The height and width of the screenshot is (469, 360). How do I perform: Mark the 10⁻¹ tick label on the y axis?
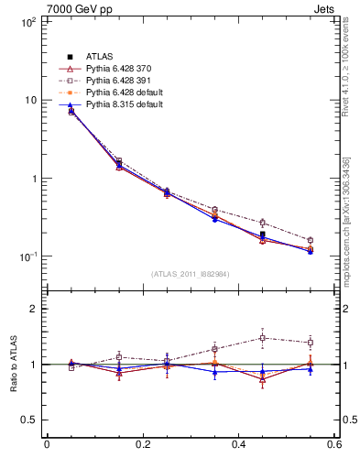24,256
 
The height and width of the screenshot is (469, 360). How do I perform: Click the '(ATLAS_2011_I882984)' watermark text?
191,273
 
